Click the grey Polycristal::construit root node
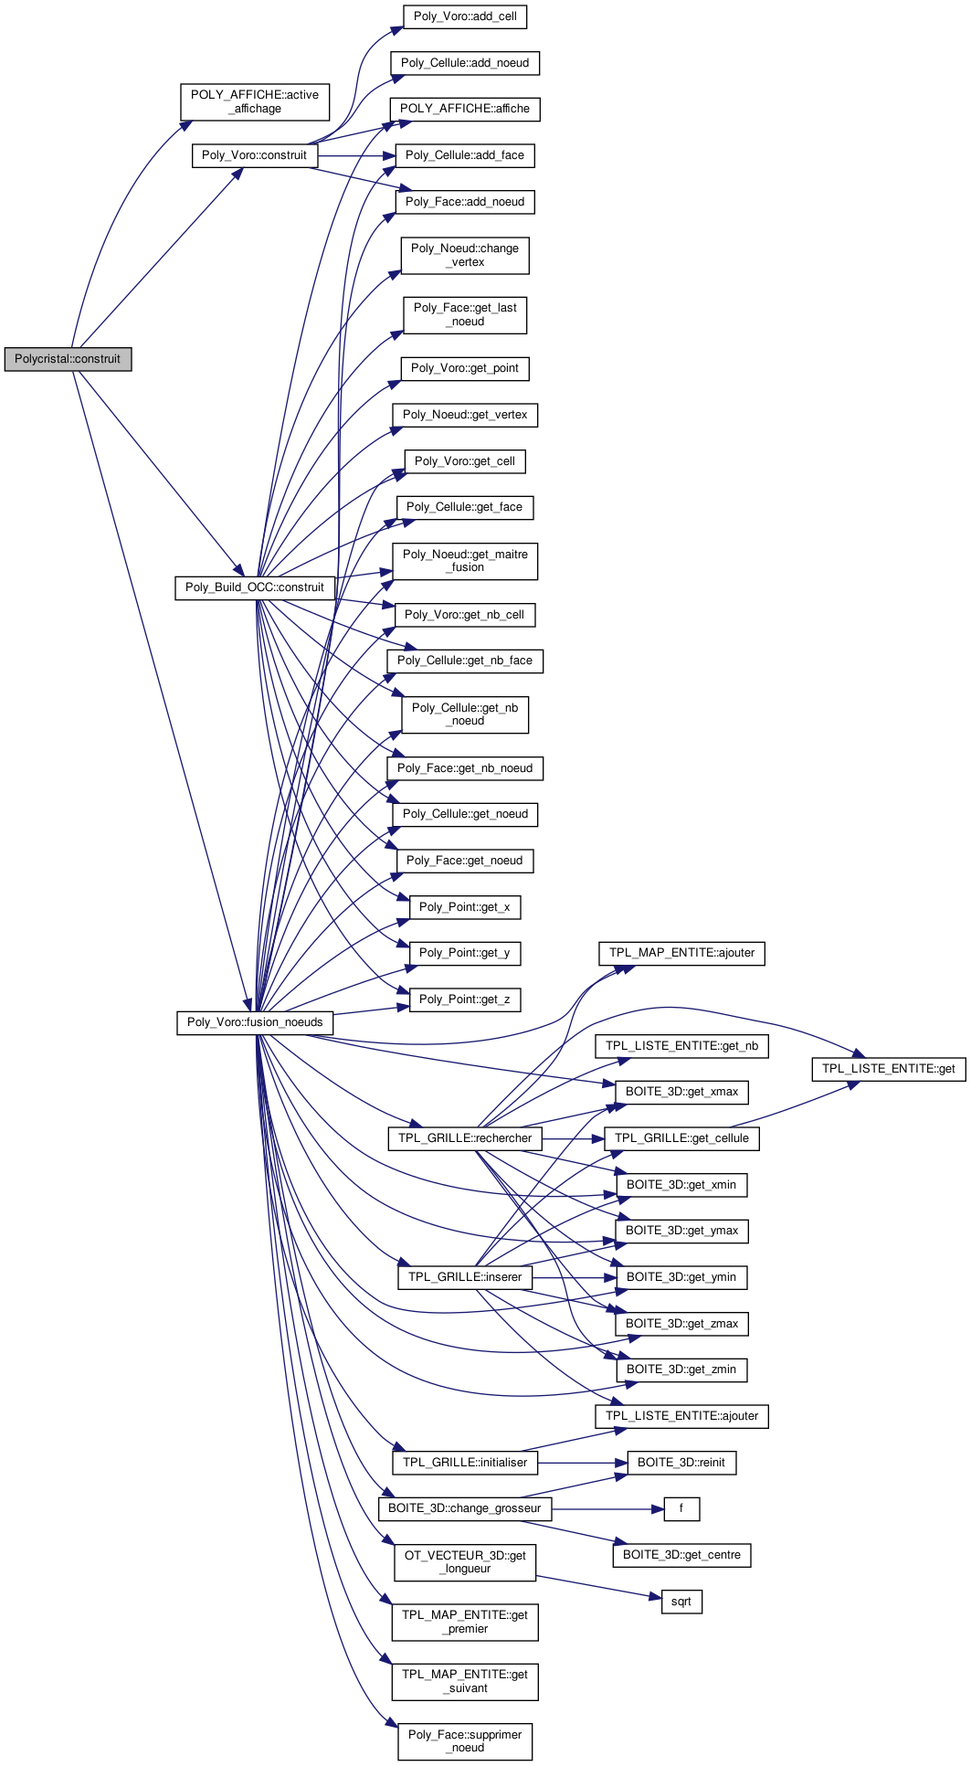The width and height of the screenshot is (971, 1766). [68, 359]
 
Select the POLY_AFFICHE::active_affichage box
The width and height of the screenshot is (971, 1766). [255, 101]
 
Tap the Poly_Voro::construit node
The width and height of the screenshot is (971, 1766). [254, 155]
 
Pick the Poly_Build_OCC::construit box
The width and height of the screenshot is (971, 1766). [254, 587]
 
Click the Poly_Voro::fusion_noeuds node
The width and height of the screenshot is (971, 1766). [255, 1022]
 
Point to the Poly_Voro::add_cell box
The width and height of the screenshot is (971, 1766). [465, 16]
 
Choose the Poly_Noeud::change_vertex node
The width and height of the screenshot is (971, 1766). [465, 255]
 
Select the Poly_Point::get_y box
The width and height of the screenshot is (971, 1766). [464, 953]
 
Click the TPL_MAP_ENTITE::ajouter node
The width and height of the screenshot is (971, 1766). [681, 953]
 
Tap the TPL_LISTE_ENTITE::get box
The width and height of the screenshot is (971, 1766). [888, 1069]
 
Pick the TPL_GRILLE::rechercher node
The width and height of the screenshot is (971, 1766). [465, 1138]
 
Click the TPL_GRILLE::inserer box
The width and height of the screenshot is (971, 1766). [465, 1277]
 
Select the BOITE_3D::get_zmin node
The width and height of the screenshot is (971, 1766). [681, 1369]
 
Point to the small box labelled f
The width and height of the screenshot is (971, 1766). [681, 1508]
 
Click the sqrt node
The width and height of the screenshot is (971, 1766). [681, 1602]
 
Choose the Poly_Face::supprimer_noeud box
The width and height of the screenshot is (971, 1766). [465, 1741]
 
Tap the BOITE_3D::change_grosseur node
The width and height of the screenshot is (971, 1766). [465, 1508]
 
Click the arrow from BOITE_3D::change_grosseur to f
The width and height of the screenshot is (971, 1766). [607, 1508]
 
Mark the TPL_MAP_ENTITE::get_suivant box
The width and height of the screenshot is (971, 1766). [465, 1681]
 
